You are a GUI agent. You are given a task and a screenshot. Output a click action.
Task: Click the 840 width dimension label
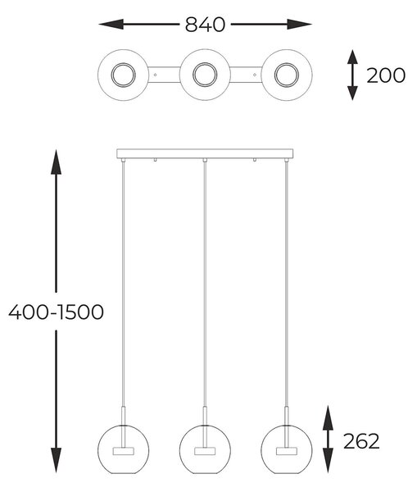click(205, 25)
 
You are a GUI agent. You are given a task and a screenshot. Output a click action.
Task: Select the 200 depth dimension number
click(386, 75)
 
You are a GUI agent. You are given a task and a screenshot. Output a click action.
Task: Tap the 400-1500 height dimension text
click(57, 312)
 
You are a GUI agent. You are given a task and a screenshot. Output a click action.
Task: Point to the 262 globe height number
click(361, 441)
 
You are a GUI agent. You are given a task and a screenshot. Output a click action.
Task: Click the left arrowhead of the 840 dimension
click(111, 24)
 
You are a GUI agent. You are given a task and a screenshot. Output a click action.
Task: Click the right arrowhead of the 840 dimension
click(299, 24)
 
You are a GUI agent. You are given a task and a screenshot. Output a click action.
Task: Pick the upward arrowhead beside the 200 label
click(353, 57)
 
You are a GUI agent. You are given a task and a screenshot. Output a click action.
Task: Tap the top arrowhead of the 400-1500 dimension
click(57, 162)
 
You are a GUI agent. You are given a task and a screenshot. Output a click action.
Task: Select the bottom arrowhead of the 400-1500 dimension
click(57, 460)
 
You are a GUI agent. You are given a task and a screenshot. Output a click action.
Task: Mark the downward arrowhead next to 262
click(328, 460)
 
